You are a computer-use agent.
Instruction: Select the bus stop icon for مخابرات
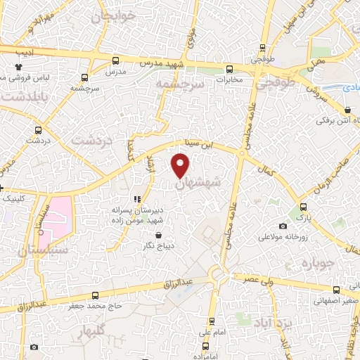pyautogui.click(x=229, y=69)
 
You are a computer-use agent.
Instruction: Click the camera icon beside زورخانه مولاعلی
pyautogui.click(x=283, y=226)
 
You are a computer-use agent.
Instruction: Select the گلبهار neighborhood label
pyautogui.click(x=92, y=330)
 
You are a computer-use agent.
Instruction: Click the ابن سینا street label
pyautogui.click(x=198, y=146)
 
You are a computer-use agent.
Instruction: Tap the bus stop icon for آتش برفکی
pyautogui.click(x=349, y=110)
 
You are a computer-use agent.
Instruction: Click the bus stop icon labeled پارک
pyautogui.click(x=304, y=207)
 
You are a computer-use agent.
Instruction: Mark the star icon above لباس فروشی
pyautogui.click(x=19, y=67)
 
